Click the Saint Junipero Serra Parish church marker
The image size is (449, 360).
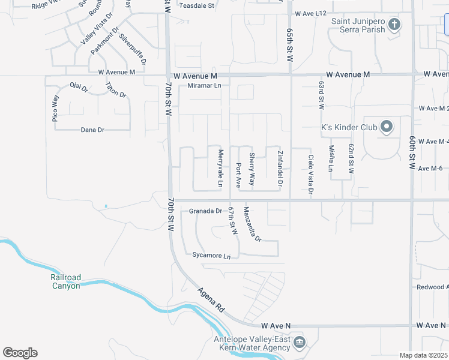point(394,25)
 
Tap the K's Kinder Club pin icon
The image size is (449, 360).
point(387,127)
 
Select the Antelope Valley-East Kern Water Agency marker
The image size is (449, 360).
point(299,343)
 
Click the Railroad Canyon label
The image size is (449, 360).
point(65,281)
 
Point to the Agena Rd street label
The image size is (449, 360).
point(211,299)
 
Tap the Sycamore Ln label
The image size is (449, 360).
point(211,256)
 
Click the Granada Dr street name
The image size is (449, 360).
point(206,211)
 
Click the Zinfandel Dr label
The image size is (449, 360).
point(280,167)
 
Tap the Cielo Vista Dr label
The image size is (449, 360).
point(311,175)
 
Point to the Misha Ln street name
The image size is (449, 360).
point(331,158)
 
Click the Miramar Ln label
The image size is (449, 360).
point(205,86)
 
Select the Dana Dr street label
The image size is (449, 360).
point(92,130)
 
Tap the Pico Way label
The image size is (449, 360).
point(55,109)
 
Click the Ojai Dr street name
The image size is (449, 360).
point(79,88)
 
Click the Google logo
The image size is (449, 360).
point(20,353)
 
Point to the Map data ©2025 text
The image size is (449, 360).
point(423,355)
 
